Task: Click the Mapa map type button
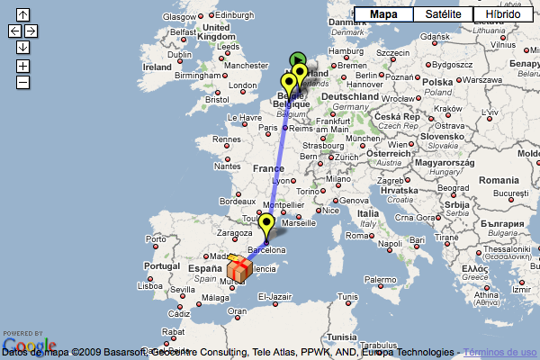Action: [x=383, y=14]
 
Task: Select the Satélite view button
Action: [x=442, y=14]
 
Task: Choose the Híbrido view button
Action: [x=501, y=14]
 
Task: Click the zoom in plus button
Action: [x=22, y=66]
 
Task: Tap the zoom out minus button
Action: [x=22, y=82]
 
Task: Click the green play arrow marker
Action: [x=297, y=60]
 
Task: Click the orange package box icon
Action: [x=239, y=268]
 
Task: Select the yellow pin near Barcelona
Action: [x=265, y=225]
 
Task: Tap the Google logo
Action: [x=30, y=344]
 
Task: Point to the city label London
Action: [x=243, y=85]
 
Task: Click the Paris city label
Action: [x=267, y=128]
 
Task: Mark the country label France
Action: [x=268, y=168]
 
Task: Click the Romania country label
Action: [x=498, y=181]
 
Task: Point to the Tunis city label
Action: [x=347, y=296]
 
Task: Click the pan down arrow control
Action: [x=22, y=47]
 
